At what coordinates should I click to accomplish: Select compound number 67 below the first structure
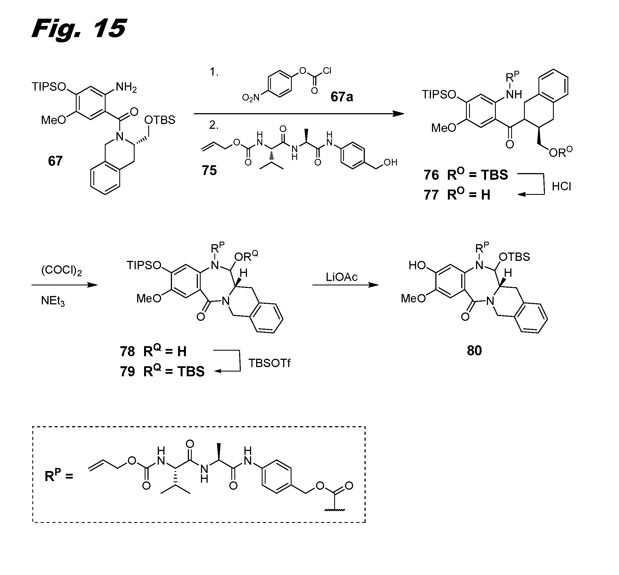[x=55, y=161]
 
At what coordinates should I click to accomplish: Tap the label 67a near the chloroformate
[x=341, y=97]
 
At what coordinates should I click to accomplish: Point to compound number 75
[x=209, y=171]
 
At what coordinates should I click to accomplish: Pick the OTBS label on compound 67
[x=160, y=120]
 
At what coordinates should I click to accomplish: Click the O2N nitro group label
[x=251, y=98]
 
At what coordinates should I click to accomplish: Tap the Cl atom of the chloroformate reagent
[x=327, y=71]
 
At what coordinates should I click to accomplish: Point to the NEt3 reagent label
[x=53, y=301]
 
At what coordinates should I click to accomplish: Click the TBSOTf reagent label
[x=270, y=363]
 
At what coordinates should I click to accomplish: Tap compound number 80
[x=474, y=351]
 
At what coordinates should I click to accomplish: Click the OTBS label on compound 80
[x=514, y=257]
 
